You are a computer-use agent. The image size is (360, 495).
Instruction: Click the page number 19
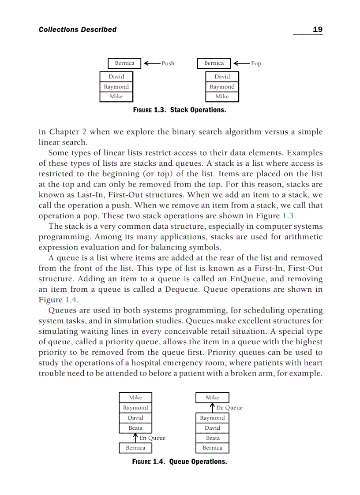(x=317, y=30)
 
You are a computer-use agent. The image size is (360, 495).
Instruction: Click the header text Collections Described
(x=78, y=30)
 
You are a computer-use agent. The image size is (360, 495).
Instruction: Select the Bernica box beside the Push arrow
(x=124, y=63)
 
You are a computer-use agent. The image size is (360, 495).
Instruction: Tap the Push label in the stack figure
(x=168, y=63)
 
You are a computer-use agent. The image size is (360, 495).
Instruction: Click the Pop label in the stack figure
(x=256, y=63)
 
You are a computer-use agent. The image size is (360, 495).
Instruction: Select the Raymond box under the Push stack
(x=116, y=87)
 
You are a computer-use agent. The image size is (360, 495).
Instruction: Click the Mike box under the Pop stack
(x=222, y=97)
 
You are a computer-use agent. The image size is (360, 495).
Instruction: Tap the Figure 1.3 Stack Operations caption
(x=180, y=109)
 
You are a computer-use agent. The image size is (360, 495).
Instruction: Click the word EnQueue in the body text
(x=247, y=279)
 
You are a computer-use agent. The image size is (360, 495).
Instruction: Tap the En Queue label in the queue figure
(x=152, y=438)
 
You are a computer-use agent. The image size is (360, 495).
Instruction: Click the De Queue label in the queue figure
(x=229, y=408)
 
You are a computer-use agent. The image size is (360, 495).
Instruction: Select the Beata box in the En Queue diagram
(x=135, y=428)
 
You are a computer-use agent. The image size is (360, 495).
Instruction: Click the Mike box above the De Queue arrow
(x=212, y=398)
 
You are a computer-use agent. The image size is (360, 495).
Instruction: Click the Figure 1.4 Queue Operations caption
(x=180, y=462)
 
